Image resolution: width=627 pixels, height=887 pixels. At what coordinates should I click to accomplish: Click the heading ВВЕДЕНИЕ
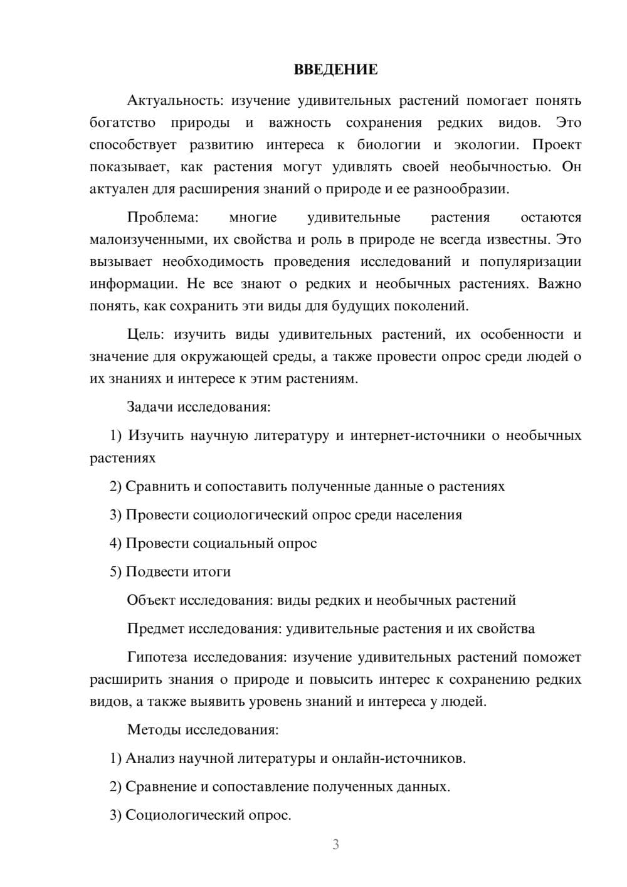(x=335, y=70)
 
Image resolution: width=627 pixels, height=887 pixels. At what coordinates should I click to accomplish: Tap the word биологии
(x=389, y=145)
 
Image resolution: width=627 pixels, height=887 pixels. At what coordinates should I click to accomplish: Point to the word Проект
(x=557, y=145)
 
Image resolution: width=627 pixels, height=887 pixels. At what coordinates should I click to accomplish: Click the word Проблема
(x=162, y=218)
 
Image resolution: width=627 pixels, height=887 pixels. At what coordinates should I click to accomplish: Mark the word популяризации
(x=530, y=262)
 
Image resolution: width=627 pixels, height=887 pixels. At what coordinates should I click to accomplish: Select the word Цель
(x=145, y=334)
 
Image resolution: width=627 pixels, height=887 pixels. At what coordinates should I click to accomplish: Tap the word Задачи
(x=150, y=406)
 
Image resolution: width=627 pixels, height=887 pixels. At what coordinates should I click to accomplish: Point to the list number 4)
(x=115, y=543)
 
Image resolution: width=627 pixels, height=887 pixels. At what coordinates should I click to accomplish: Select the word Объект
(x=151, y=600)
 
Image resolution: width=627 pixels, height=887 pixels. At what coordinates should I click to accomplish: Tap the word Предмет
(x=155, y=629)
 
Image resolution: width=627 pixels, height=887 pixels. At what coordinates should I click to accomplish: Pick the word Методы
(x=151, y=730)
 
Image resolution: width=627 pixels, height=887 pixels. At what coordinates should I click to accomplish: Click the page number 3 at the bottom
(x=335, y=844)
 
